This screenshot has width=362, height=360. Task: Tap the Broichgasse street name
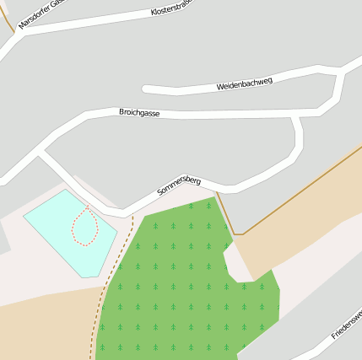click(139, 112)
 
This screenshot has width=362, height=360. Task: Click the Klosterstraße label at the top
click(172, 9)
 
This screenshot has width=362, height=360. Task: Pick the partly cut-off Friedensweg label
click(346, 325)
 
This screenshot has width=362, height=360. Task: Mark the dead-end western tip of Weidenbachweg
click(146, 89)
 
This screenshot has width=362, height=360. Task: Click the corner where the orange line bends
click(240, 234)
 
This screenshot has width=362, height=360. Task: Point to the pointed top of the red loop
click(87, 207)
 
